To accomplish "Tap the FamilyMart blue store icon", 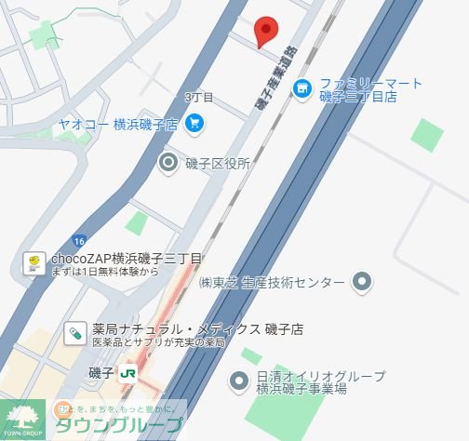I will coord(301,89).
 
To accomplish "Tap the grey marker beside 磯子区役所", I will coord(168,164).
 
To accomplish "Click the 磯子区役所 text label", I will coord(218,164).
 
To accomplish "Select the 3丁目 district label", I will coord(199,98).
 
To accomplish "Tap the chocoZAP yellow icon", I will coord(32,263).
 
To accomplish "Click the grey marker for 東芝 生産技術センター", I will coord(364,282).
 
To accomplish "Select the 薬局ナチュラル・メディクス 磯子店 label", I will coord(197,329).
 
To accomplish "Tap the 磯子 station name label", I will coord(102,373).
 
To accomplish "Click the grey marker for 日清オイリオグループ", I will coord(238,381).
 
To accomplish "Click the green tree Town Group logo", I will coord(21,419).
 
